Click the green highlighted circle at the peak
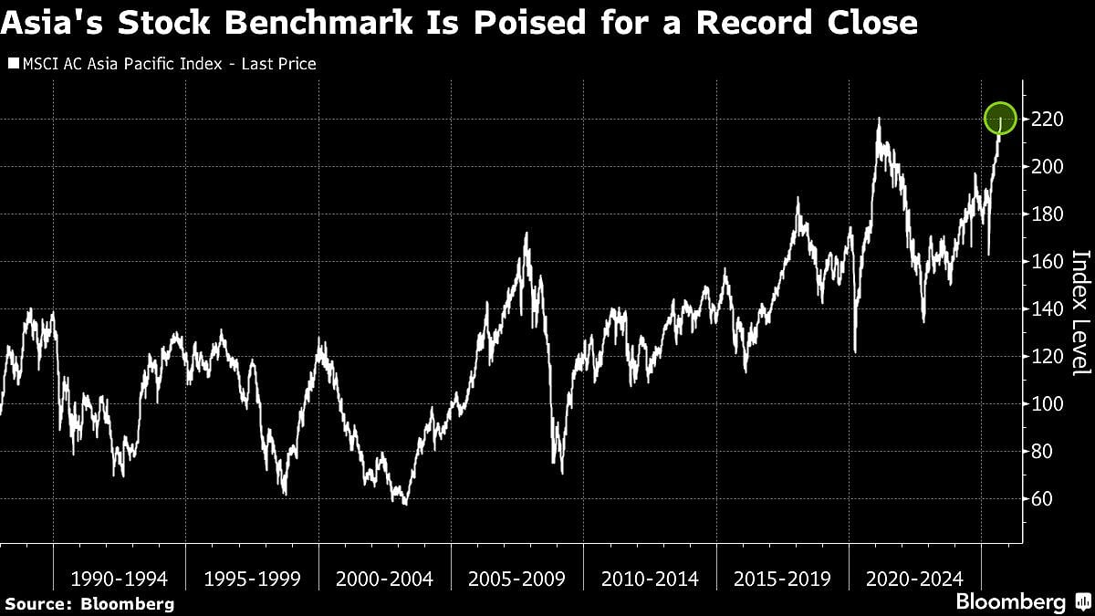pos(1000,117)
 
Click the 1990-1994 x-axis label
pos(120,579)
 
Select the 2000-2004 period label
pos(383,579)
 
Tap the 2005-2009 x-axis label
pos(516,579)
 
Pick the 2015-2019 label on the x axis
pos(782,579)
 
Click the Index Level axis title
pos(1080,312)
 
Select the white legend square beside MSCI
pos(12,64)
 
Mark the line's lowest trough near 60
pos(403,503)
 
